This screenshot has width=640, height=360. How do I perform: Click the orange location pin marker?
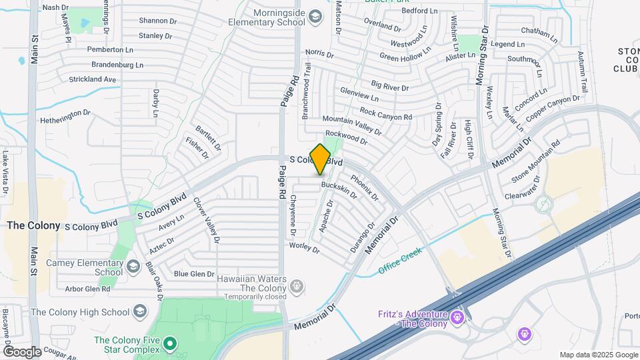tap(321, 159)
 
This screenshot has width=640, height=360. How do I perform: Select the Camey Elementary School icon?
tap(133, 267)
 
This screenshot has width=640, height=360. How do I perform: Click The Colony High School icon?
tap(140, 311)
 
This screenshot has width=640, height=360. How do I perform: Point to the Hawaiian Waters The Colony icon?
tap(297, 287)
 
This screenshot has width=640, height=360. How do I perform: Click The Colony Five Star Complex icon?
tap(170, 344)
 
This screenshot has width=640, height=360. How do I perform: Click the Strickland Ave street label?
tap(93, 79)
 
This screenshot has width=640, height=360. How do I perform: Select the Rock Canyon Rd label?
tap(386, 113)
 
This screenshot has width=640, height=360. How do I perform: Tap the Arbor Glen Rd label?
tap(88, 289)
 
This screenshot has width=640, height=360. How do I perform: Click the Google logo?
tap(21, 351)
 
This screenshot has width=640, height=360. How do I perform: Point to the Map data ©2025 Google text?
tap(598, 355)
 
